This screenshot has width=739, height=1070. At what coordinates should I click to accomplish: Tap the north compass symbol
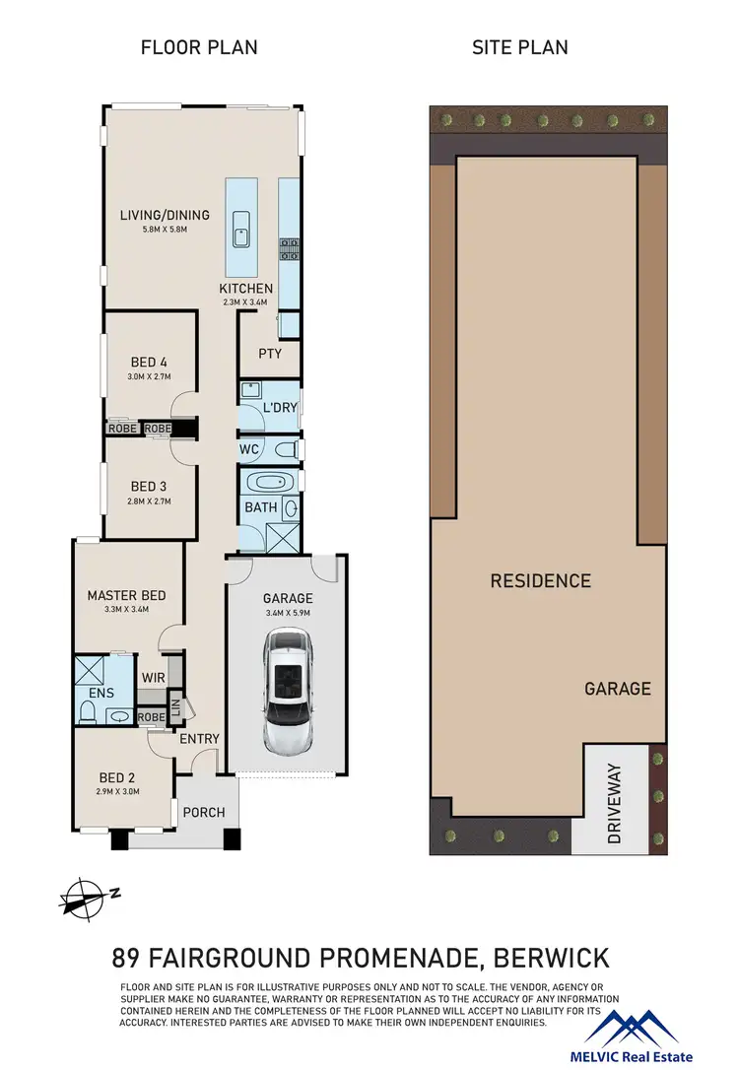point(87,897)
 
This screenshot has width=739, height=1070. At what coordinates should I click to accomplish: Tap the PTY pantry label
point(270,354)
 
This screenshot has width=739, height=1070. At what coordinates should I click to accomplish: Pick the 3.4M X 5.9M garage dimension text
point(287,612)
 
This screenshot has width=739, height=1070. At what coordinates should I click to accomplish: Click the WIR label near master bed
point(153,678)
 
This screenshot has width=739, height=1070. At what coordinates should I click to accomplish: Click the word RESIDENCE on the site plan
point(540,581)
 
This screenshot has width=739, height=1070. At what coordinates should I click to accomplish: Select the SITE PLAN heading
point(519,47)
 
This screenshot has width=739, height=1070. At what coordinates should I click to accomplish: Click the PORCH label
point(205,813)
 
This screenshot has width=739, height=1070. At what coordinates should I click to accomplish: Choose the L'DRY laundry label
point(279,408)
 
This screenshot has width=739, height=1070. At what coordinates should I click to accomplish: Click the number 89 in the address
point(126,957)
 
